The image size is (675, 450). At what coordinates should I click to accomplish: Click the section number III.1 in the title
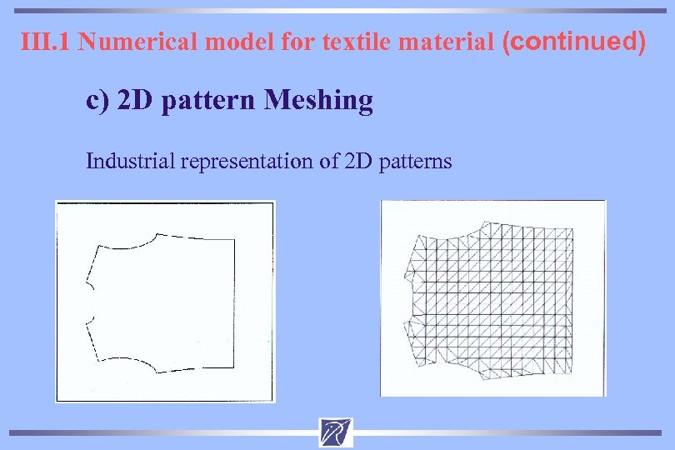(x=46, y=42)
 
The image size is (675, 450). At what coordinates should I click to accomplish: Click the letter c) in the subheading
(x=97, y=101)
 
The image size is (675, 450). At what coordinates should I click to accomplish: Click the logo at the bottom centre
(x=335, y=432)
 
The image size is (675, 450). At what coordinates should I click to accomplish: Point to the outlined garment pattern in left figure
(x=162, y=300)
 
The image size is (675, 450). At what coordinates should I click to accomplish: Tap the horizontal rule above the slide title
(x=337, y=11)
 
